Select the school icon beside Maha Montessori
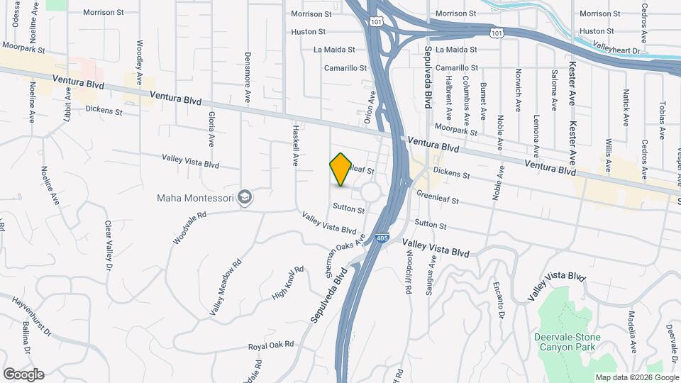click(x=245, y=196)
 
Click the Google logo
click(x=23, y=374)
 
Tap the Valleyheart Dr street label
click(x=616, y=50)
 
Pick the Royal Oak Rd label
click(x=270, y=345)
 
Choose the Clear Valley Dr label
click(x=109, y=245)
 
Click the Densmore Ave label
click(x=248, y=74)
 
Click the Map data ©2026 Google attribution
click(x=636, y=377)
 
